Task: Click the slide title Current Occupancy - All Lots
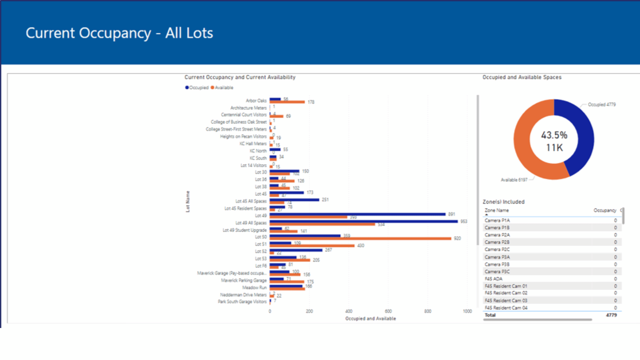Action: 119,33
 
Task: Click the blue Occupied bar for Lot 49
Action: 357,214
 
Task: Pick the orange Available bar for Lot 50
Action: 360,239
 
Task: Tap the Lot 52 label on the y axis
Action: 261,251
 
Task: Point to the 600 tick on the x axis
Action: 388,311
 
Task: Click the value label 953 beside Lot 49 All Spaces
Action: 464,221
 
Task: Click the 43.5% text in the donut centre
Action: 554,135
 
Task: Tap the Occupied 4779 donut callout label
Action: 602,105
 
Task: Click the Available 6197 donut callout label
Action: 514,180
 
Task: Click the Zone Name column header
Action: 496,210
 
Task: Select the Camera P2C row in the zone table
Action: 497,250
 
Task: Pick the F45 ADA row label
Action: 493,279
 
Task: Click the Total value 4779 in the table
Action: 611,315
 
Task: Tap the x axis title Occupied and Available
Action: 370,319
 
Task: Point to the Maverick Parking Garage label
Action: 244,280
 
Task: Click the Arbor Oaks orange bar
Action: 287,102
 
